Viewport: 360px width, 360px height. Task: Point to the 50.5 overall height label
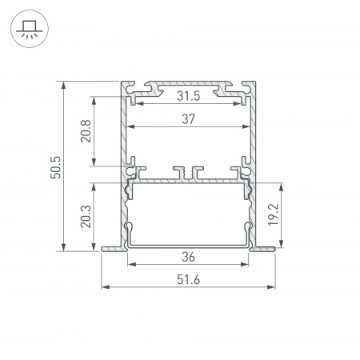54,166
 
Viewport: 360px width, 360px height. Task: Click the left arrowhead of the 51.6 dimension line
102,286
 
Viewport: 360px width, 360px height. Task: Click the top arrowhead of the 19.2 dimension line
283,186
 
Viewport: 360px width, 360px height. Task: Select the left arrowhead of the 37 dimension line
130,127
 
